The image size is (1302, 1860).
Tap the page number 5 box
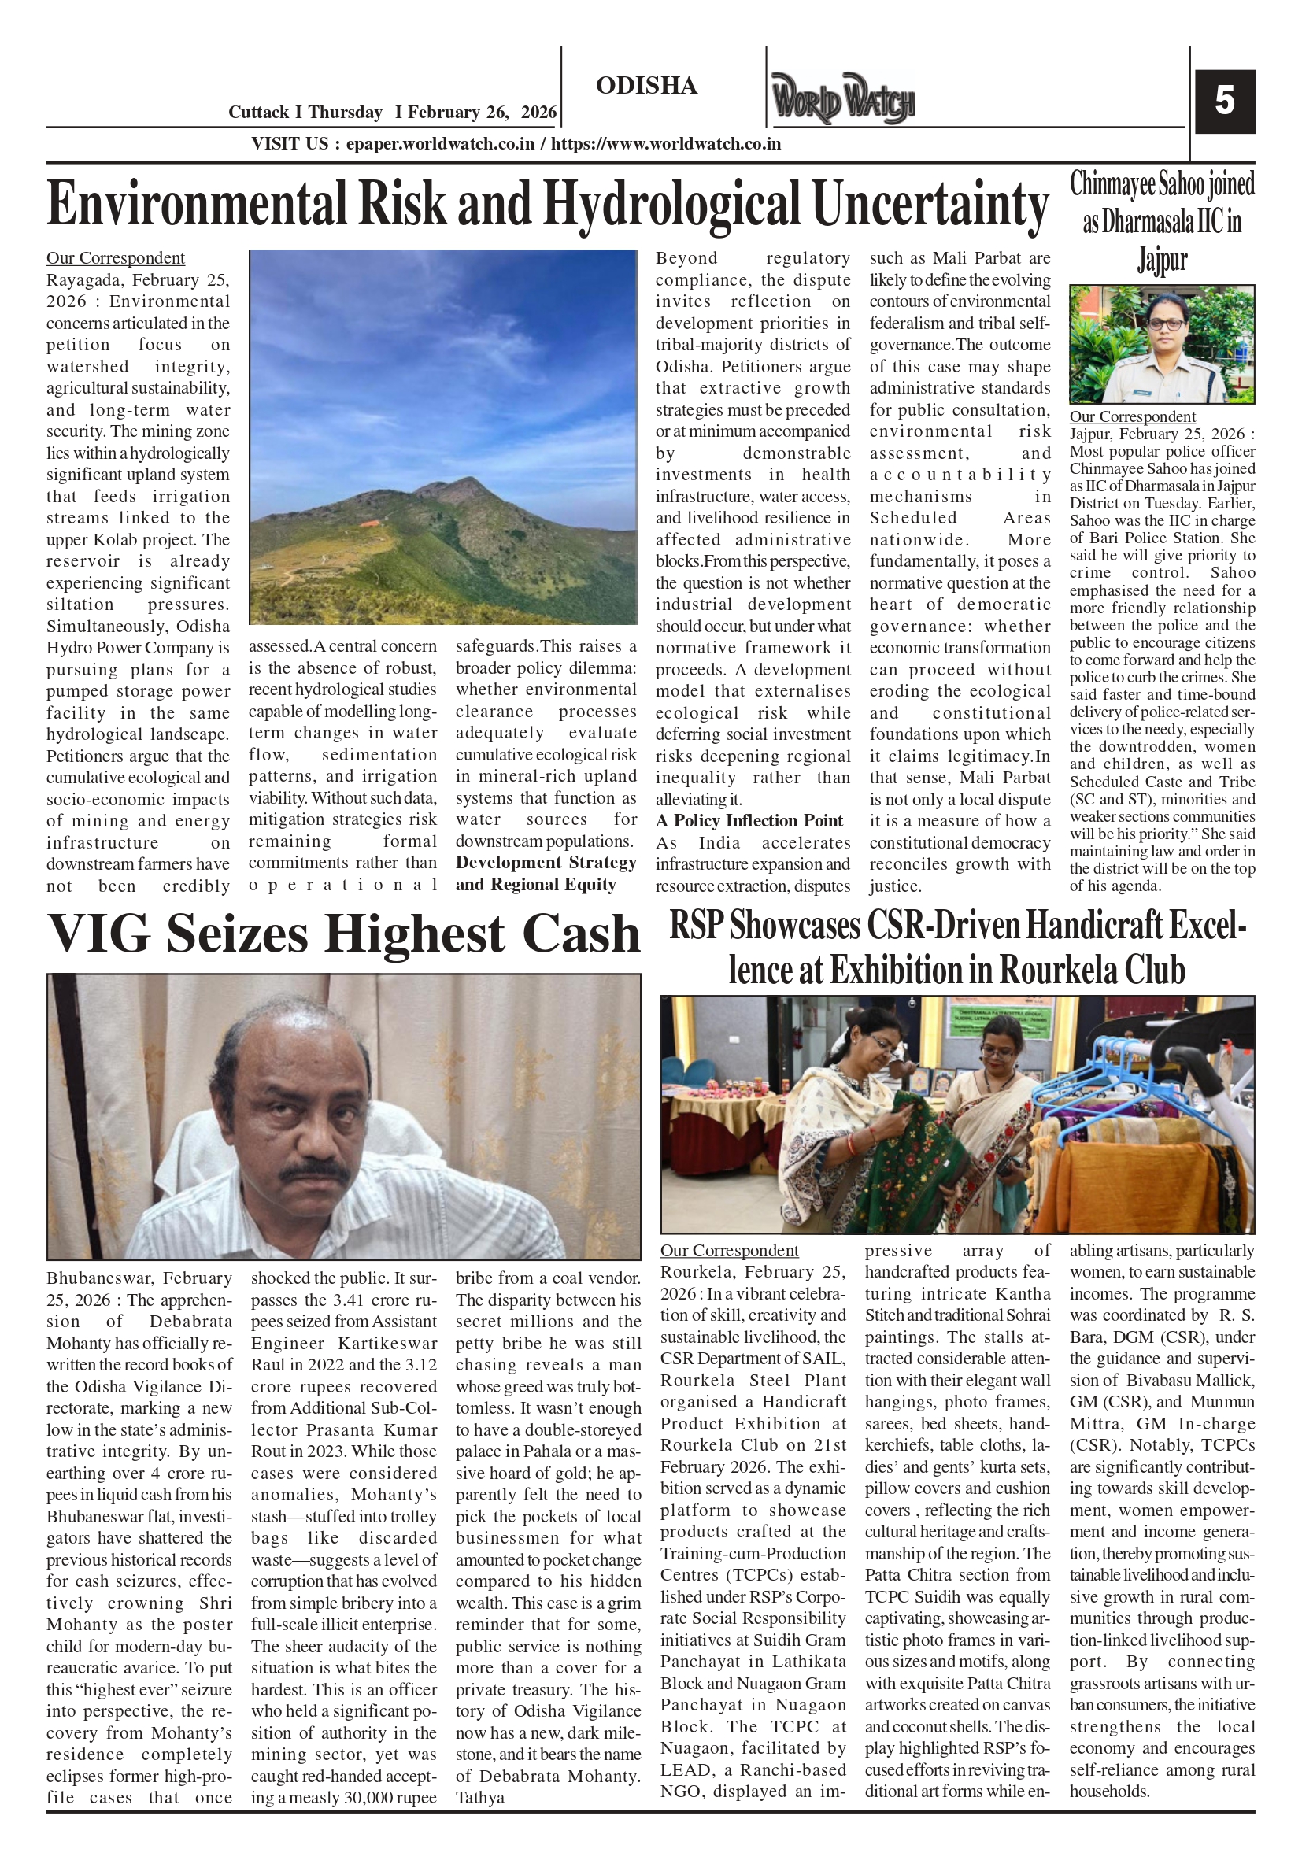[x=1224, y=102]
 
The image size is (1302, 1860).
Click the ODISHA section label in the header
[x=645, y=86]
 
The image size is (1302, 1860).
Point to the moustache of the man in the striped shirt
[x=315, y=1174]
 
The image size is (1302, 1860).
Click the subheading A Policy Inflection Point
[x=749, y=821]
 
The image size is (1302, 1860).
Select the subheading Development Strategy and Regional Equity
[x=546, y=873]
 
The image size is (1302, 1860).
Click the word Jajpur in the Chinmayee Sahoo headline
[x=1162, y=259]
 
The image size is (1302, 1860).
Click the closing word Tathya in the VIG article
[x=479, y=1797]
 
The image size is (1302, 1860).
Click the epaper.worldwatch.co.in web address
[x=440, y=144]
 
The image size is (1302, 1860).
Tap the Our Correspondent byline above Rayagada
[x=115, y=257]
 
